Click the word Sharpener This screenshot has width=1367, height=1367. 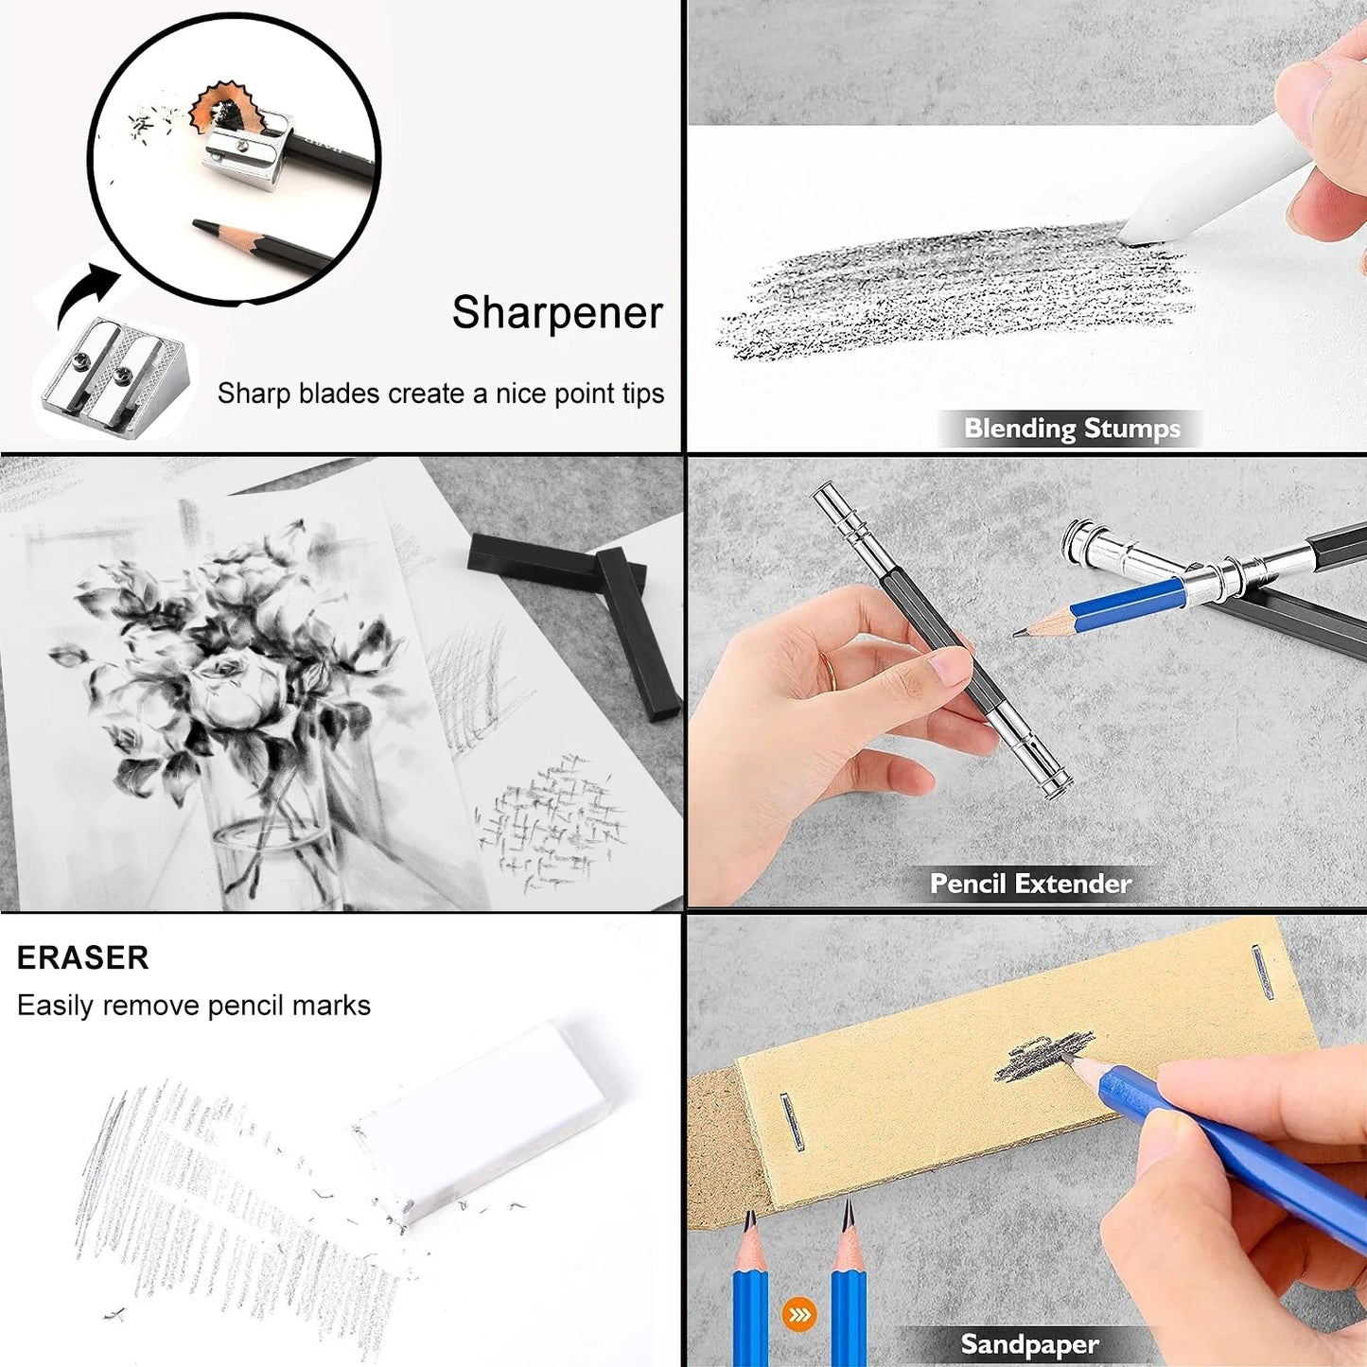click(x=557, y=313)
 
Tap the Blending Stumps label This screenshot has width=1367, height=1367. click(x=1072, y=429)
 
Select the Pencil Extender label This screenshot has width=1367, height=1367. click(x=1030, y=884)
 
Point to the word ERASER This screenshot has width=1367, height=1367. click(x=83, y=957)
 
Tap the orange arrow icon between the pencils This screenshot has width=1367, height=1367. click(x=799, y=1315)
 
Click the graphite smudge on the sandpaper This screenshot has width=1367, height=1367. click(x=1043, y=1057)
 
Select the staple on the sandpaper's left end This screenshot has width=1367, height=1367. click(x=791, y=1121)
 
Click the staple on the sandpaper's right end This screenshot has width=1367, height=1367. click(x=1261, y=972)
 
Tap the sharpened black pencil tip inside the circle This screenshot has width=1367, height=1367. click(x=199, y=224)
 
